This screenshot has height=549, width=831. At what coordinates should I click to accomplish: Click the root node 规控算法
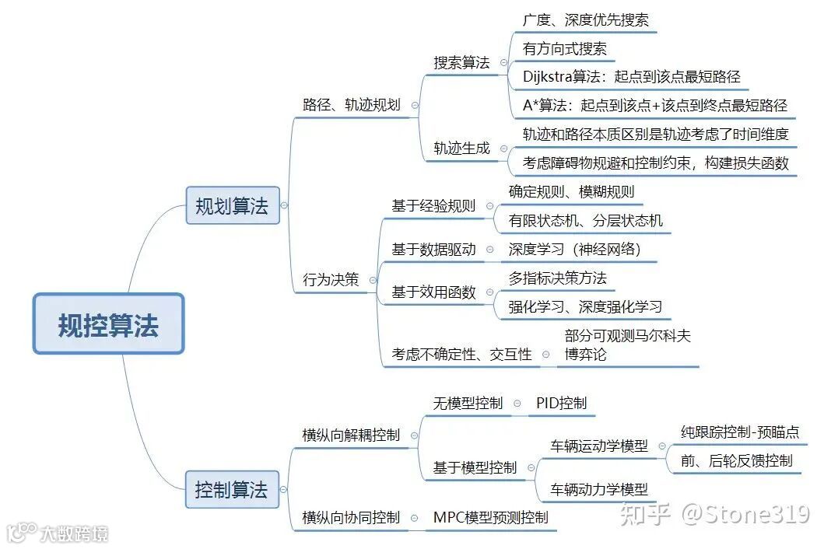(108, 324)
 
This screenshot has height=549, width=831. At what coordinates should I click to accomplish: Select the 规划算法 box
(232, 206)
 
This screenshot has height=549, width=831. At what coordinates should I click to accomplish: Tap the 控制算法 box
(232, 490)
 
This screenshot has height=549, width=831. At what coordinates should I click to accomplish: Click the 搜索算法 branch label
(461, 63)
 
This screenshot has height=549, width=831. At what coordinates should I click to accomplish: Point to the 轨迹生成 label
(461, 148)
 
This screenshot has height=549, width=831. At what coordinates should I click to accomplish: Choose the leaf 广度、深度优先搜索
(585, 20)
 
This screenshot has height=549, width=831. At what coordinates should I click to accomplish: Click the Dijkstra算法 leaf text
(631, 77)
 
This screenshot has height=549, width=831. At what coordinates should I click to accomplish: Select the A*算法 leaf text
(654, 106)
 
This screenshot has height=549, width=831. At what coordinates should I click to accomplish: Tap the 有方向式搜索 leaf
(564, 49)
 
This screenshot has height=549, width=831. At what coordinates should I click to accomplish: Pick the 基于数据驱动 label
(433, 250)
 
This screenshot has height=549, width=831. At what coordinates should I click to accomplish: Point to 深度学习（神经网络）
(574, 250)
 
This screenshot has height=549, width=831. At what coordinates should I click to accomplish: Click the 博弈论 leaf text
(585, 355)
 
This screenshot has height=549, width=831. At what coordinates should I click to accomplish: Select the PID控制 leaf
(561, 403)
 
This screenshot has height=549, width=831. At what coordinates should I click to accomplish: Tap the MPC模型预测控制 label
(490, 517)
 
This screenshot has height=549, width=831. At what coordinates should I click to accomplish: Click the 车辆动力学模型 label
(599, 489)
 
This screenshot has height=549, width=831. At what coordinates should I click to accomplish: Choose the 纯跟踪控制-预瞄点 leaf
(740, 432)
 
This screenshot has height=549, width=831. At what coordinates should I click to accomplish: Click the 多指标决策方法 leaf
(557, 278)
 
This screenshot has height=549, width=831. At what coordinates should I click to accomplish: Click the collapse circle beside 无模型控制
(517, 404)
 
